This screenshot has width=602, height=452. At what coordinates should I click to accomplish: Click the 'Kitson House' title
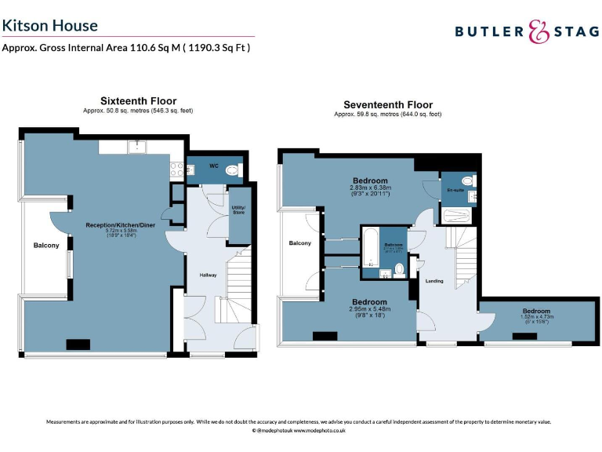coord(50,25)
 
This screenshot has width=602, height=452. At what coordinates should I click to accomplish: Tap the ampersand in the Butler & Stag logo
coord(536,31)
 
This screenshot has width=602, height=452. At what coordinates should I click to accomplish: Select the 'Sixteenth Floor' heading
coord(138,101)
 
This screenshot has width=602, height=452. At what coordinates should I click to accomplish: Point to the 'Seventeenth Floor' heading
coord(388,104)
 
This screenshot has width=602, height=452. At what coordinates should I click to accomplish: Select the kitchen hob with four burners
coord(176,169)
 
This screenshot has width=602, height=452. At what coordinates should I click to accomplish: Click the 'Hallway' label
coord(208,275)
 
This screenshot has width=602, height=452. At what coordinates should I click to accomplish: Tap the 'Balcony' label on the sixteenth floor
coord(46,246)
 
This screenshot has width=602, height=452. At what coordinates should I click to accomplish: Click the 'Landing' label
coord(434,281)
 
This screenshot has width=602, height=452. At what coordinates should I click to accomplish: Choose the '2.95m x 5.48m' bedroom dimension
coord(369,309)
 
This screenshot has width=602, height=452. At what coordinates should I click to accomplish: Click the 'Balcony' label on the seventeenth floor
coord(299,243)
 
